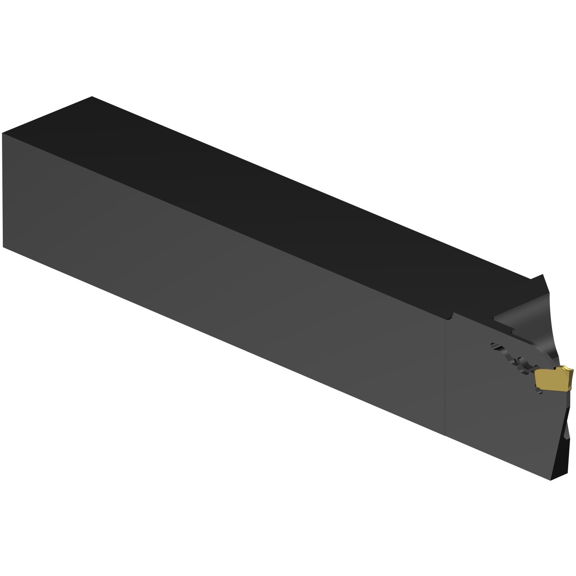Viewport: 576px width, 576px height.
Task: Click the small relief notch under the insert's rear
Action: pos(538,390)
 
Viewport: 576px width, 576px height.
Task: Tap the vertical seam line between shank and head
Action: pos(446,376)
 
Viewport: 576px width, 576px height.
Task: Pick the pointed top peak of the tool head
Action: pos(544,275)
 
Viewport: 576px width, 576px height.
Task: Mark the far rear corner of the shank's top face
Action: pos(92,97)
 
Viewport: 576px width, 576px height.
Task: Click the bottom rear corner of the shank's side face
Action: pos(3,247)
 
